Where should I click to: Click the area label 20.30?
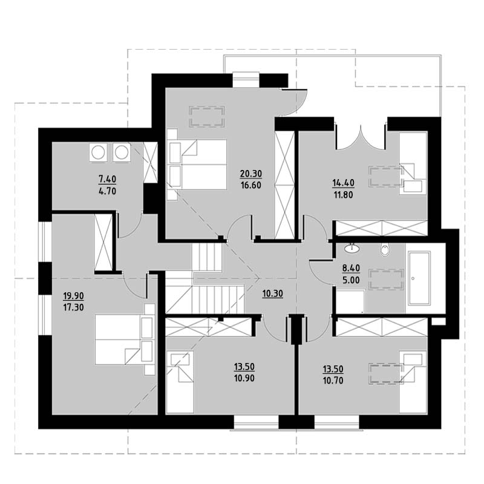pyautogui.click(x=251, y=174)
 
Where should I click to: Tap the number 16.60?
pyautogui.click(x=251, y=186)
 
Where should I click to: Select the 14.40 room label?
pyautogui.click(x=343, y=183)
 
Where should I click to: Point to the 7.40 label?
pyautogui.click(x=107, y=179)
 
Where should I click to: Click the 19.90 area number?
pyautogui.click(x=73, y=296)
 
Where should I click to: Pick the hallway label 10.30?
pyautogui.click(x=273, y=294)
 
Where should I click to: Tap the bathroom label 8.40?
pyautogui.click(x=351, y=269)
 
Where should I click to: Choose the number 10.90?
pyautogui.click(x=244, y=378)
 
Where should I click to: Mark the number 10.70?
pyautogui.click(x=333, y=381)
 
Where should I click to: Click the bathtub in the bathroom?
pyautogui.click(x=419, y=278)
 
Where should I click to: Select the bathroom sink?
pyautogui.click(x=352, y=247)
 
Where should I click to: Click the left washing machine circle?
pyautogui.click(x=98, y=152)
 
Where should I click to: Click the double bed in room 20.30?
pyautogui.click(x=198, y=164)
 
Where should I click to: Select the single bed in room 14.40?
pyautogui.click(x=413, y=163)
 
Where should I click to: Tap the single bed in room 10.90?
pyautogui.click(x=180, y=382)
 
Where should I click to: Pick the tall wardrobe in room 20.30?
pyautogui.click(x=284, y=185)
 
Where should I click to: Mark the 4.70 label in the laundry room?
pyautogui.click(x=107, y=191)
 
